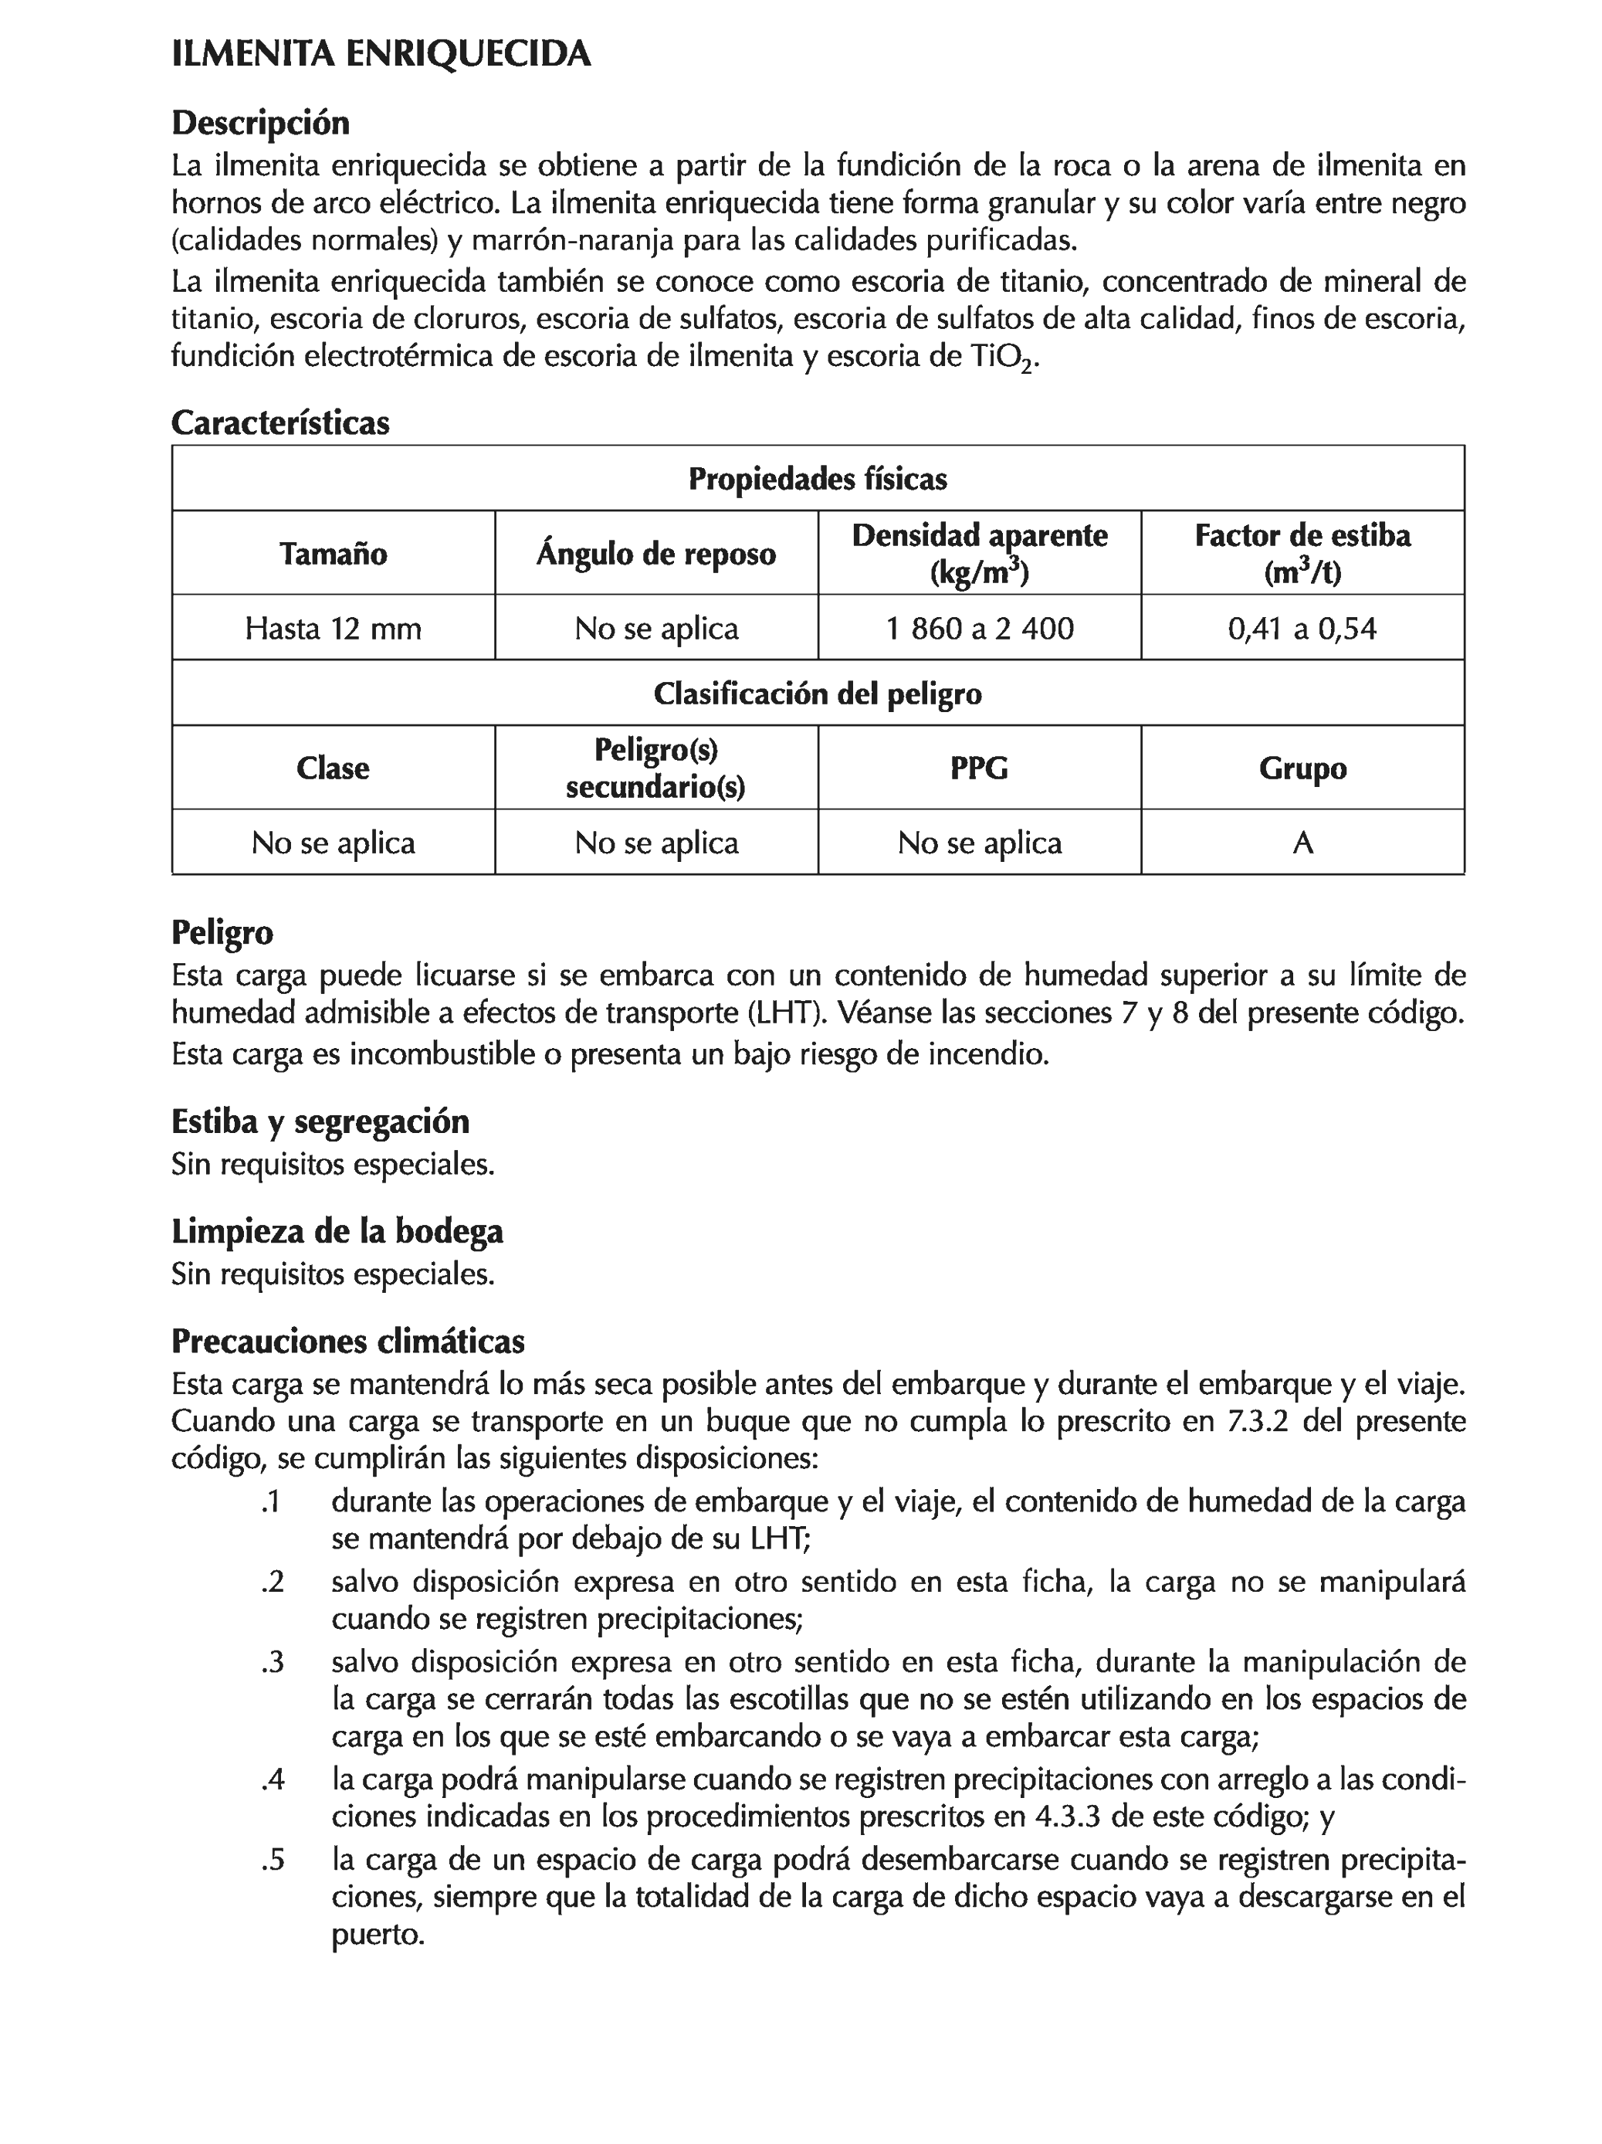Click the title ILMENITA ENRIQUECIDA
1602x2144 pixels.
(x=380, y=54)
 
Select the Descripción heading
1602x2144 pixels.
(x=259, y=123)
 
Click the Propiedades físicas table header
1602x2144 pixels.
(x=817, y=479)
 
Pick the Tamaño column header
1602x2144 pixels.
(x=333, y=554)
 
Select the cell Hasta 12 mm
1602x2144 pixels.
(x=333, y=628)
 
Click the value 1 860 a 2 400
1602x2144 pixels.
(x=979, y=628)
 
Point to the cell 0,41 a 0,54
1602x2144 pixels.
(x=1302, y=628)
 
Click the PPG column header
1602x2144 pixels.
(x=979, y=768)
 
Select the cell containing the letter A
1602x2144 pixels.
(x=1302, y=843)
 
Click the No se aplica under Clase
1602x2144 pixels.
(x=333, y=843)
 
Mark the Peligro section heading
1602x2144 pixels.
(x=222, y=931)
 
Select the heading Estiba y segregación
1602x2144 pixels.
(x=320, y=1121)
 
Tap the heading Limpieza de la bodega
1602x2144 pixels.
(x=337, y=1231)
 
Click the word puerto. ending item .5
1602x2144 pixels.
(x=378, y=1935)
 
